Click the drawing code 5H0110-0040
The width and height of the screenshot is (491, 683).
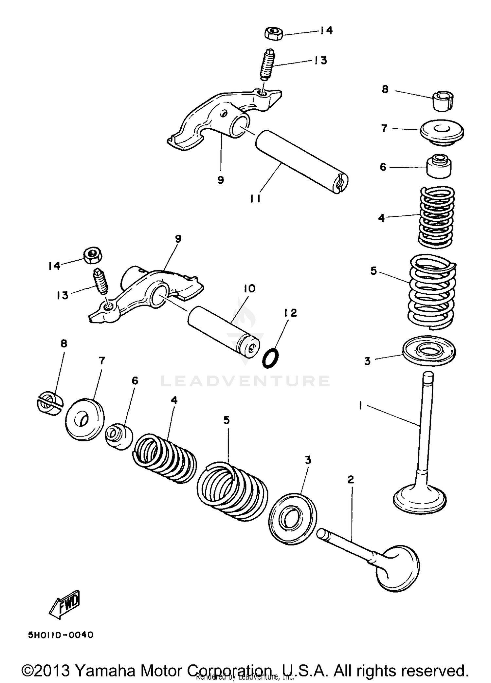[x=61, y=635]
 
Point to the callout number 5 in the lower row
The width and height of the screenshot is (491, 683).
[x=227, y=420]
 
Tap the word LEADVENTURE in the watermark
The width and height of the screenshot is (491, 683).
[x=245, y=381]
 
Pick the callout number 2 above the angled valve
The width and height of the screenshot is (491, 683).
[x=351, y=480]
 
